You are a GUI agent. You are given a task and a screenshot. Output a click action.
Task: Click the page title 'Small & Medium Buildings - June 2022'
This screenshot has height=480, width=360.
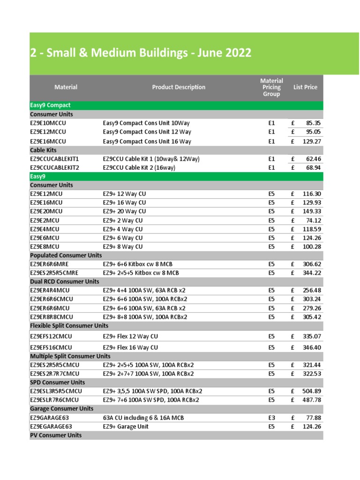click(141, 53)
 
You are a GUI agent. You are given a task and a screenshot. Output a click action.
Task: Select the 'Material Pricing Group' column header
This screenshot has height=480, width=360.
click(271, 87)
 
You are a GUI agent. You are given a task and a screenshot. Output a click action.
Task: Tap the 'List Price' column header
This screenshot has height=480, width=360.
click(305, 87)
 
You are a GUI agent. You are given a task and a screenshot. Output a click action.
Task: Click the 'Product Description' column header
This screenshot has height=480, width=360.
click(179, 87)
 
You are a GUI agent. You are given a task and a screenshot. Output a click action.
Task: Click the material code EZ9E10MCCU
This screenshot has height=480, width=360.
click(48, 123)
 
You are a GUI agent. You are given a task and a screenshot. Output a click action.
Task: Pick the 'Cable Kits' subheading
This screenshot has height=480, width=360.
click(44, 150)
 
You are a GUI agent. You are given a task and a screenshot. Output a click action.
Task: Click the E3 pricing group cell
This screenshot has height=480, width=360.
click(271, 418)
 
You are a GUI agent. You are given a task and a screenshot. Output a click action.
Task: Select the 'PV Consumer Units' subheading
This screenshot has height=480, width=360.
click(56, 435)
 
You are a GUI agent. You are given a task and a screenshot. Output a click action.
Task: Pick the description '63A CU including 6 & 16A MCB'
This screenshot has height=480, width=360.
click(143, 418)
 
